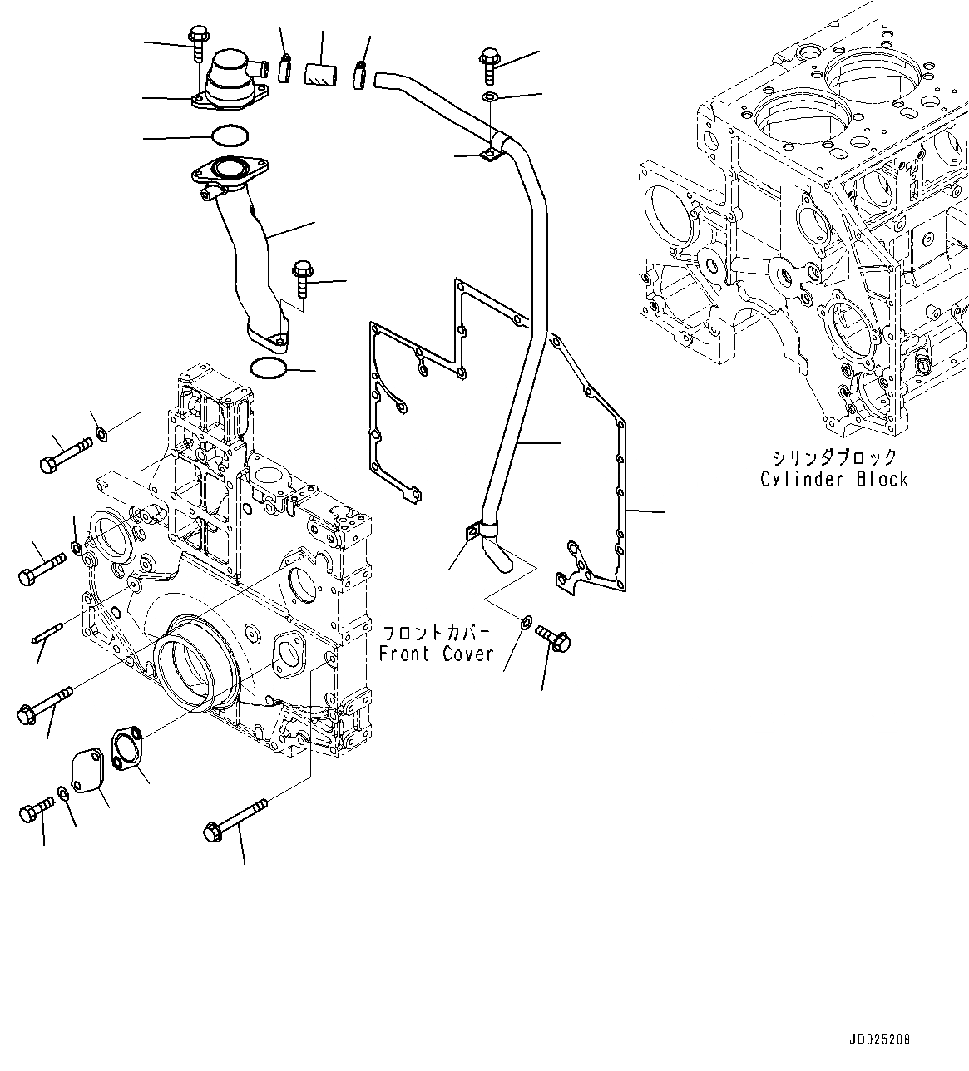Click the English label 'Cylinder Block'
[x=833, y=480]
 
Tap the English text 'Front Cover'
[x=436, y=654]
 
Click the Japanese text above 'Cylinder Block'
[x=833, y=457]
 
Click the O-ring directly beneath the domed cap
[x=230, y=135]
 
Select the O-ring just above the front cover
[x=268, y=368]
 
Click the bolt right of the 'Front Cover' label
[x=552, y=638]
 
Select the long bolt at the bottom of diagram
[x=235, y=817]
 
